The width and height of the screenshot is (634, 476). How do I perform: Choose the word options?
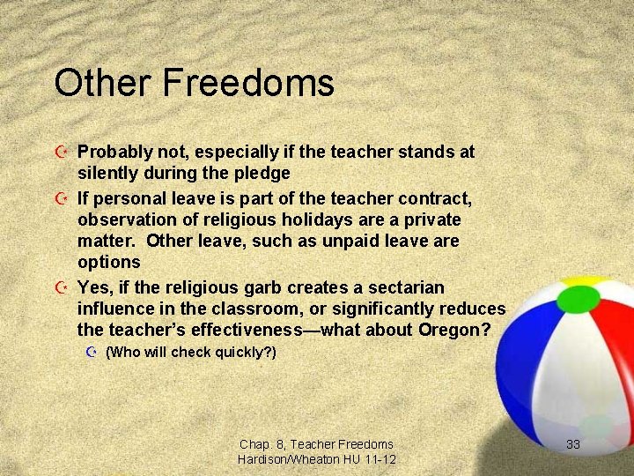point(109,262)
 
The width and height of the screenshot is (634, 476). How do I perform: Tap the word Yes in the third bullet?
point(94,287)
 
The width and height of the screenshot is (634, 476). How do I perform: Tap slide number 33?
point(573,444)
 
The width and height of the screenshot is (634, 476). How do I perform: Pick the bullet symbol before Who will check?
point(91,353)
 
